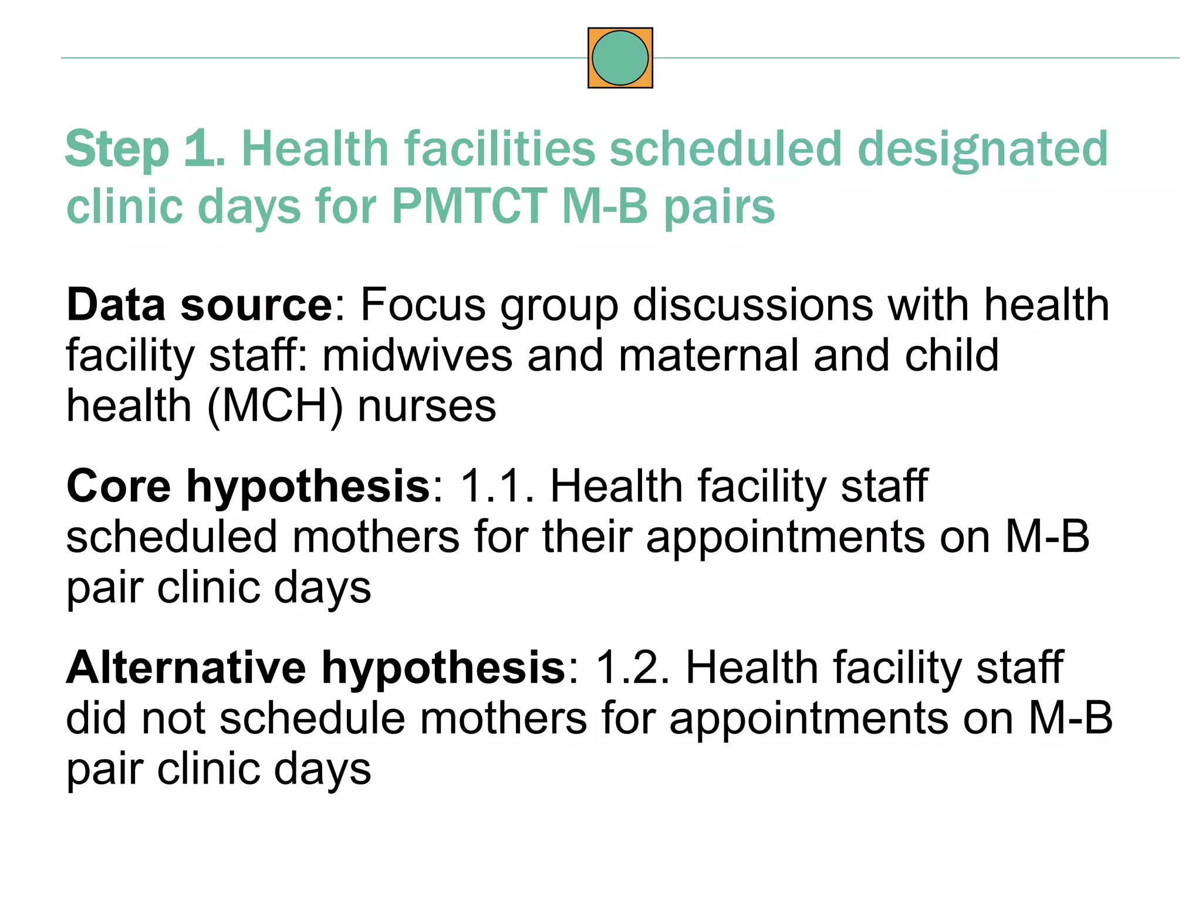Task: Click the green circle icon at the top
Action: point(620,58)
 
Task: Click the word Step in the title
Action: point(117,150)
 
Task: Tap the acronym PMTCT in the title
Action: point(469,206)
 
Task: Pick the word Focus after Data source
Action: point(423,305)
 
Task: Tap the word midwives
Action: point(417,355)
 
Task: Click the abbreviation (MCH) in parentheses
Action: point(275,406)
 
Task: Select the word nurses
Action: point(427,406)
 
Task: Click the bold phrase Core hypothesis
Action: point(248,487)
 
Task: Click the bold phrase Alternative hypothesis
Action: point(316,668)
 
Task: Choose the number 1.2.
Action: point(632,668)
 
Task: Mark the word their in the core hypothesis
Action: point(587,537)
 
